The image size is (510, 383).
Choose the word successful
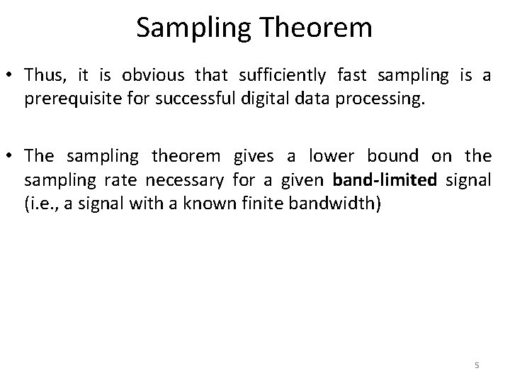click(174, 99)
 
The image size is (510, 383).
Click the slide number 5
click(477, 365)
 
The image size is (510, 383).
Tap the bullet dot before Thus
click(11, 74)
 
